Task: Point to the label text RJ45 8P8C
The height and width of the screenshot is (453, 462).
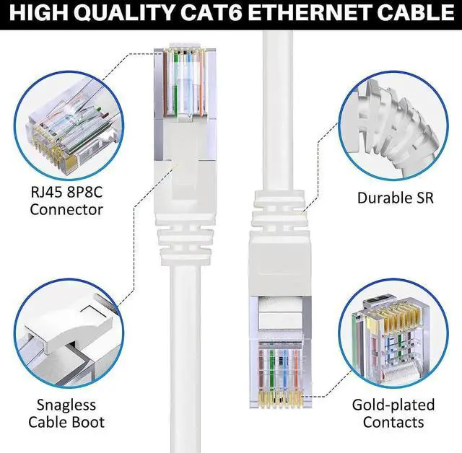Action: pos(66,191)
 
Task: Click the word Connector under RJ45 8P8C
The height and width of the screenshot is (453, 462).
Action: pos(66,210)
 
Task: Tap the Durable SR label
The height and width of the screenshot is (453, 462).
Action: pos(395,197)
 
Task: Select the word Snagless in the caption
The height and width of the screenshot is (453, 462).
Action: pos(66,405)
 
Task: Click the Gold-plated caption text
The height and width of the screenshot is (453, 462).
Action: pos(393,405)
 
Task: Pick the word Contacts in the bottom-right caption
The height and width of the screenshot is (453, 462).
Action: pos(393,423)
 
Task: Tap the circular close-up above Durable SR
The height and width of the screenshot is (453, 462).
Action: pos(396,123)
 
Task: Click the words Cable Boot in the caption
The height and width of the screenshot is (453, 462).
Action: pos(66,423)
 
